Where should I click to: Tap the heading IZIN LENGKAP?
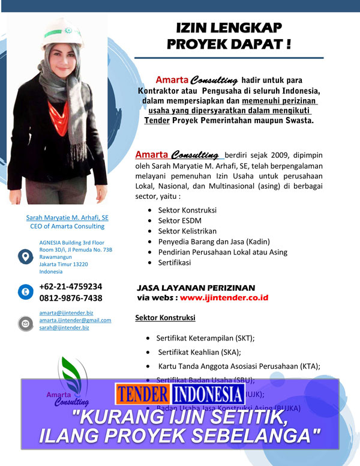click(x=229, y=28)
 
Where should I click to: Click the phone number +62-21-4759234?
click(x=70, y=286)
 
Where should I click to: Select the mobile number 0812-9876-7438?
click(x=70, y=298)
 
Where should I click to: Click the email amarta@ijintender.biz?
click(x=66, y=313)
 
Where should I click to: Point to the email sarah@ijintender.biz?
click(x=64, y=327)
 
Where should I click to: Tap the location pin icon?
click(x=25, y=256)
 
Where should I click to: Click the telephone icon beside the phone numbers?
click(x=25, y=292)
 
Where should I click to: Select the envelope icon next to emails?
click(x=25, y=323)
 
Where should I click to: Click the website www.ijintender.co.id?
click(x=224, y=297)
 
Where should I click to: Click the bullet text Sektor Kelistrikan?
click(x=187, y=231)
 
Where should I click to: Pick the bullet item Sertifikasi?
click(x=175, y=262)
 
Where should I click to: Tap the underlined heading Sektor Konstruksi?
click(x=165, y=317)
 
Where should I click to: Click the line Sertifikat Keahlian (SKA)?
click(x=198, y=352)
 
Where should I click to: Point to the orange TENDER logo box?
click(x=142, y=394)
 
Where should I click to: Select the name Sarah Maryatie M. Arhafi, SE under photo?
click(x=67, y=217)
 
